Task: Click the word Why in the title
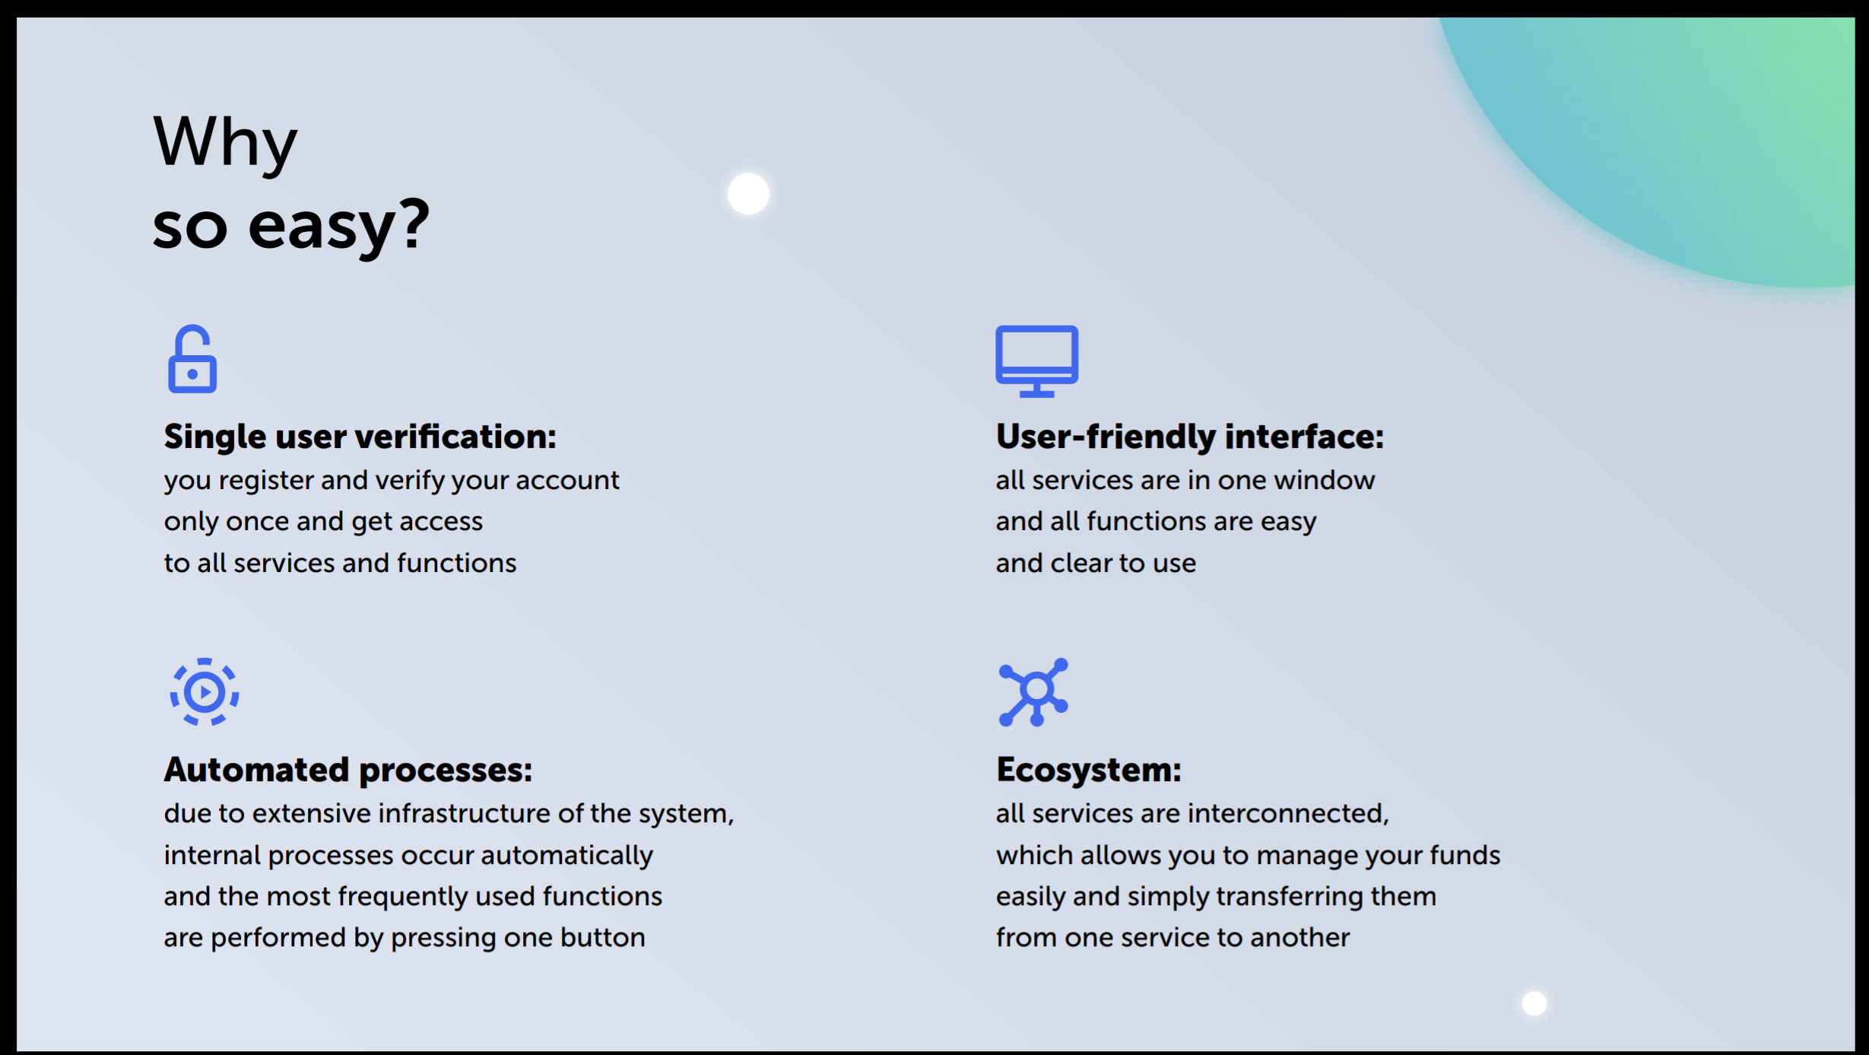click(x=225, y=143)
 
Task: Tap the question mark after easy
click(x=416, y=222)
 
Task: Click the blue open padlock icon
click(x=192, y=359)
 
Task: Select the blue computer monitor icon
click(x=1037, y=361)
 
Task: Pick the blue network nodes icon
click(x=1033, y=692)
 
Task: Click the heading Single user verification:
click(x=360, y=437)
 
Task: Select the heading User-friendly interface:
click(x=1190, y=437)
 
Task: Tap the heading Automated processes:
click(x=348, y=770)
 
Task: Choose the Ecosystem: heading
click(x=1089, y=770)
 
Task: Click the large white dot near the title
click(x=748, y=193)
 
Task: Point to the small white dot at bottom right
click(x=1534, y=1003)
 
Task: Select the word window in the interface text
click(x=1325, y=481)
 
